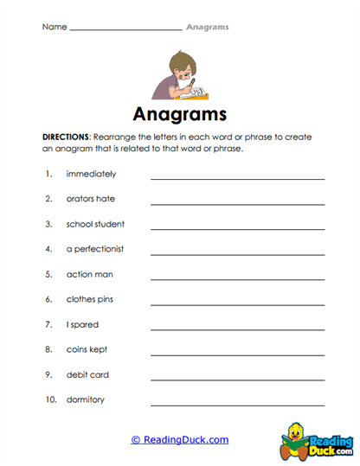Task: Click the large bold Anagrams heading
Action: pyautogui.click(x=180, y=115)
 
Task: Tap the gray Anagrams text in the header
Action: pyautogui.click(x=208, y=27)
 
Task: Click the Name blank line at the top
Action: pyautogui.click(x=125, y=29)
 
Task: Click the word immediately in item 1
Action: pyautogui.click(x=91, y=174)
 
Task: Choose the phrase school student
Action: pyautogui.click(x=95, y=224)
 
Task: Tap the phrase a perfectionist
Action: pyautogui.click(x=95, y=249)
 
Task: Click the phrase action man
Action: pyautogui.click(x=89, y=274)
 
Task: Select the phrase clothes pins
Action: pyautogui.click(x=90, y=299)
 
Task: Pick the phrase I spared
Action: pyautogui.click(x=82, y=325)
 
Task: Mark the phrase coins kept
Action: pyautogui.click(x=87, y=350)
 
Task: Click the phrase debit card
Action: pyautogui.click(x=87, y=375)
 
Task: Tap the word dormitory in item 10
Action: pyautogui.click(x=86, y=400)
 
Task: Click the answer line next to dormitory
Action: pyautogui.click(x=238, y=405)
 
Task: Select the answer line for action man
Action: pyautogui.click(x=238, y=278)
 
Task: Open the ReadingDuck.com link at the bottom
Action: pyautogui.click(x=180, y=440)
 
